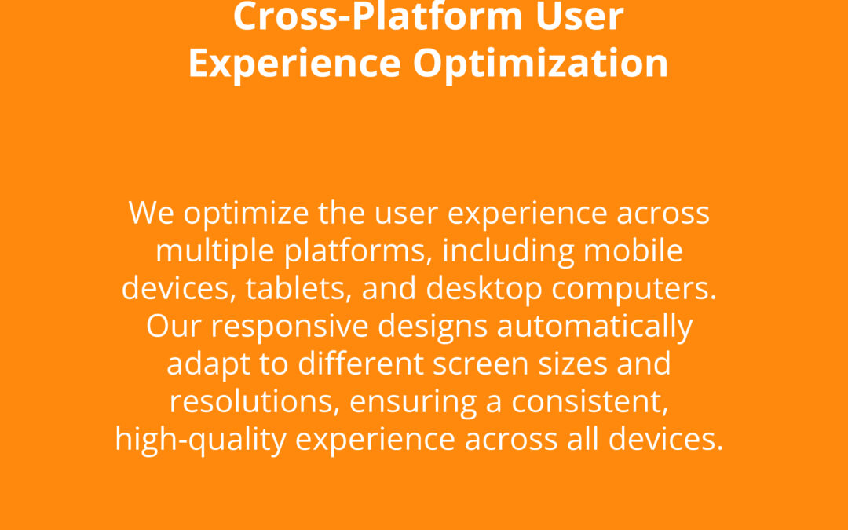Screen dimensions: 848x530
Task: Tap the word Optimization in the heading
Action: [540, 64]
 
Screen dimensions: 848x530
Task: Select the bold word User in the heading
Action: [579, 16]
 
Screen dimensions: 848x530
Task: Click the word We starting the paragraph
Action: [151, 213]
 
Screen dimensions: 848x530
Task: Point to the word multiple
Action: [214, 251]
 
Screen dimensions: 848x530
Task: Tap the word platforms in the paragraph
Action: [358, 251]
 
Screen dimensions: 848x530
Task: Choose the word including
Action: [508, 251]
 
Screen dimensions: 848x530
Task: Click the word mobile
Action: [633, 250]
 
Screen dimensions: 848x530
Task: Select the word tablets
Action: [294, 288]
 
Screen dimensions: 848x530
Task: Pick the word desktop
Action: [484, 289]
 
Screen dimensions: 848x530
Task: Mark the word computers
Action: [634, 289]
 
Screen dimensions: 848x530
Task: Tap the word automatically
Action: [594, 327]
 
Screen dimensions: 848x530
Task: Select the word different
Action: [360, 364]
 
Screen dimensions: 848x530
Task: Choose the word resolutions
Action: [254, 402]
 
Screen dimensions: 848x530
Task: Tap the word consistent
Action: [590, 402]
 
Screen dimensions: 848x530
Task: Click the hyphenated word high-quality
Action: [201, 440]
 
